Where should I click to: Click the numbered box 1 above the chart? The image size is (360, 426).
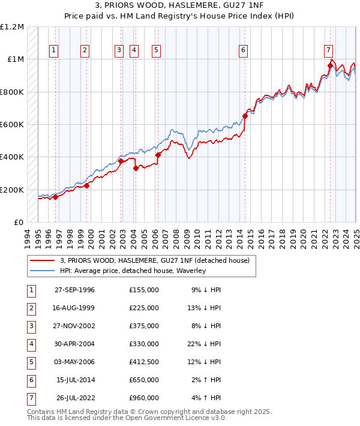click(x=54, y=50)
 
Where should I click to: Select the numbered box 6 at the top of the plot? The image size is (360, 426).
click(x=244, y=50)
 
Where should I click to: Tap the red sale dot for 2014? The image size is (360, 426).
click(x=245, y=116)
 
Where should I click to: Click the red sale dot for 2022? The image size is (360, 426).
click(x=330, y=66)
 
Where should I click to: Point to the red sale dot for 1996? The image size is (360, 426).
click(x=55, y=197)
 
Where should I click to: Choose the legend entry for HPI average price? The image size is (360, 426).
click(x=133, y=271)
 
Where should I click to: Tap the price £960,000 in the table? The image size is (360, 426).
click(x=143, y=398)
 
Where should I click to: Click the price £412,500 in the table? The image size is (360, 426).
click(x=143, y=362)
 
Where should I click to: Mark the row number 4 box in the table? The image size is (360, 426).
click(x=31, y=344)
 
